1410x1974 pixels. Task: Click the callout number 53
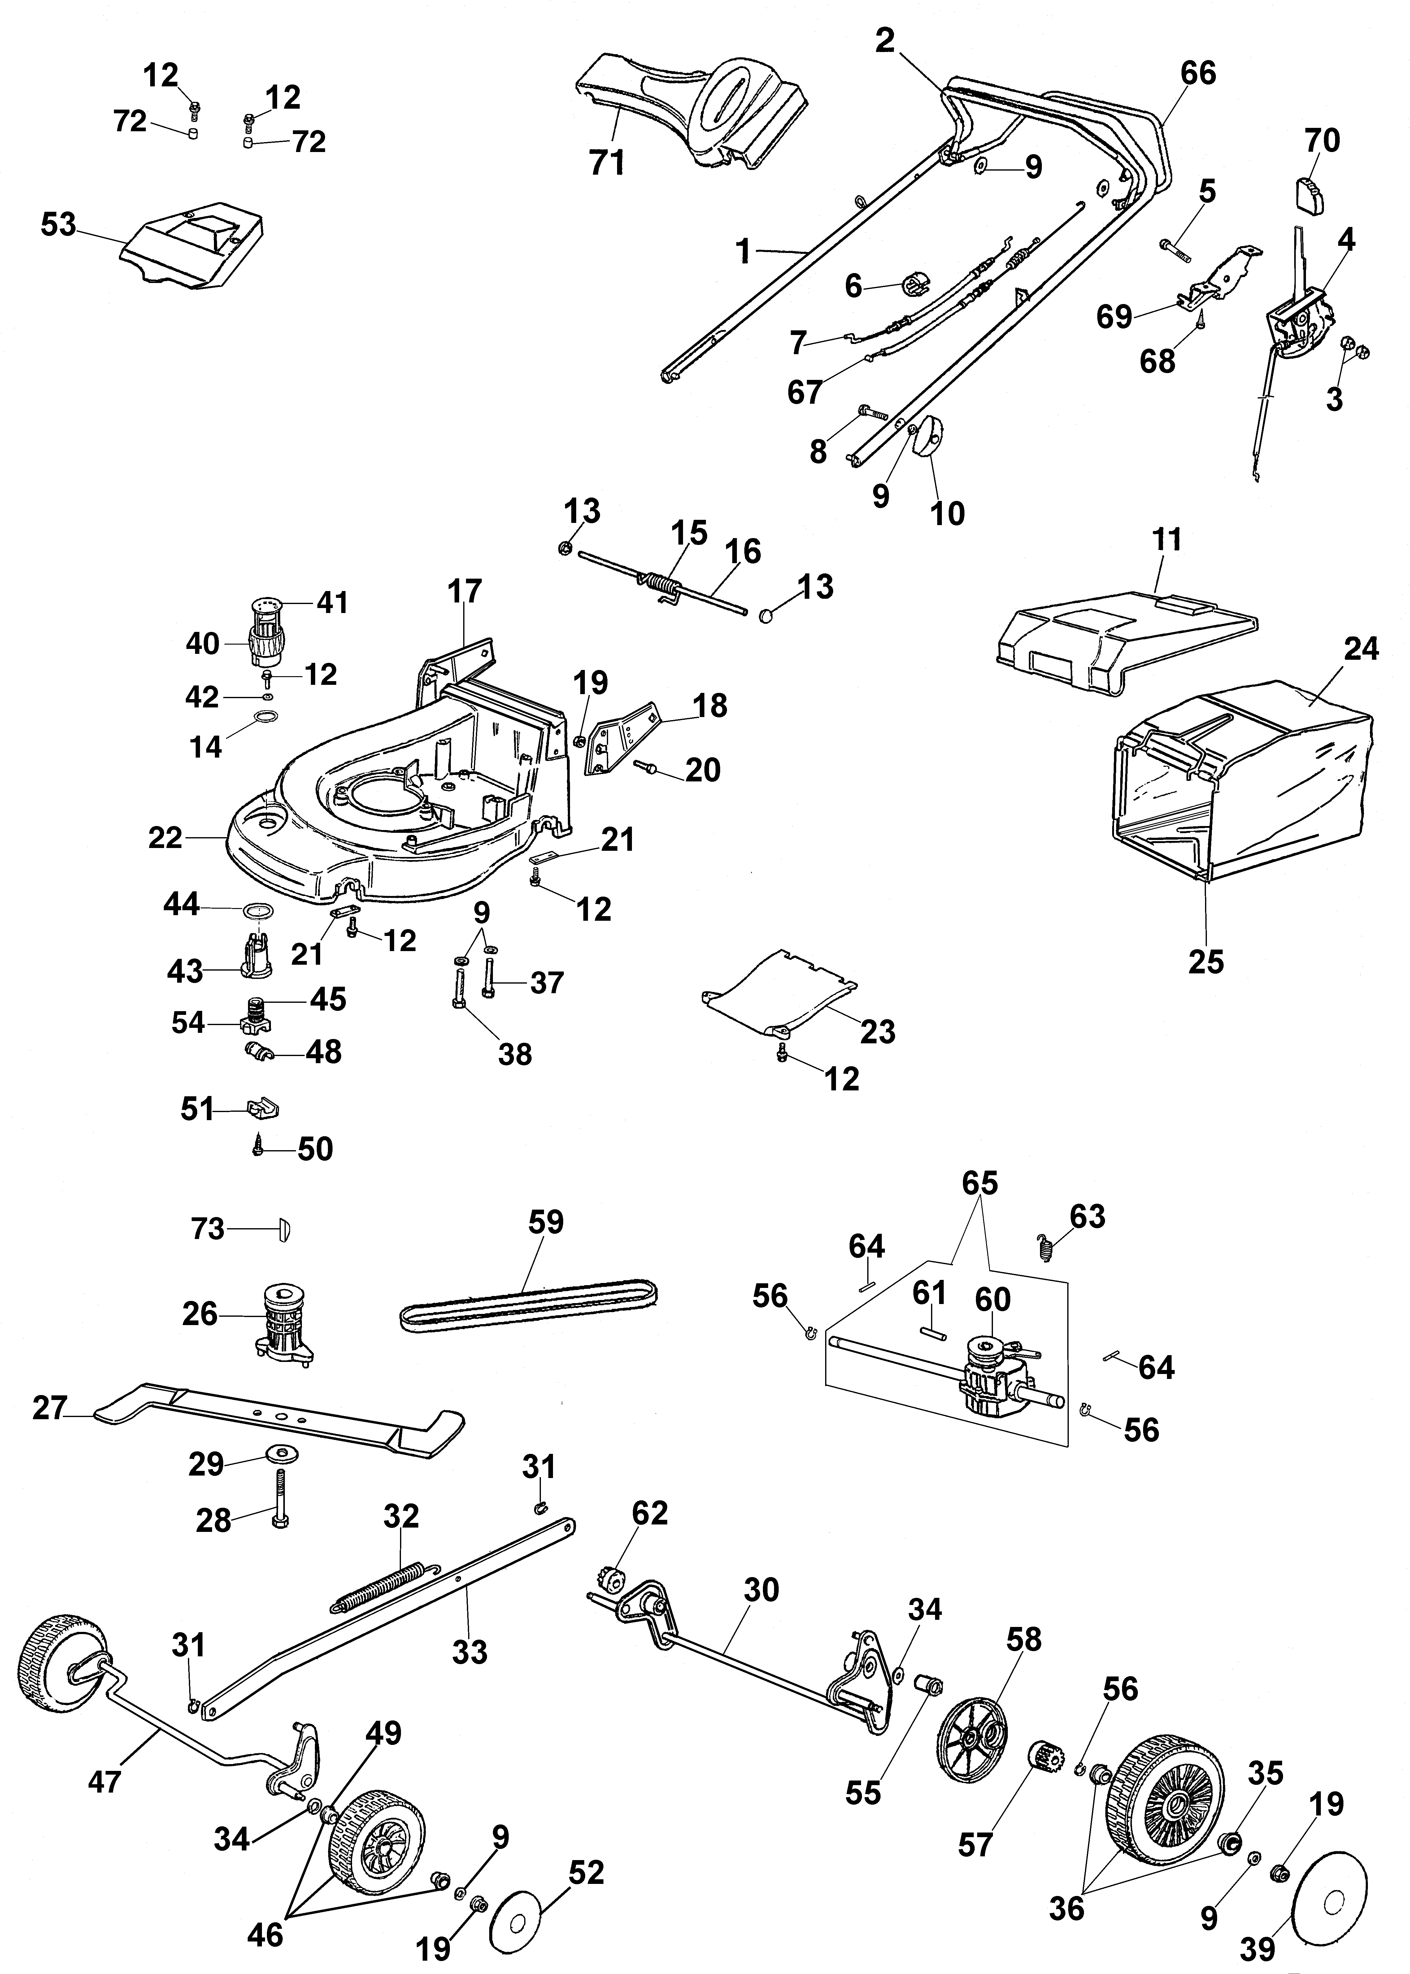tap(59, 225)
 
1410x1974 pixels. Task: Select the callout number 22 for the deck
tap(166, 838)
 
